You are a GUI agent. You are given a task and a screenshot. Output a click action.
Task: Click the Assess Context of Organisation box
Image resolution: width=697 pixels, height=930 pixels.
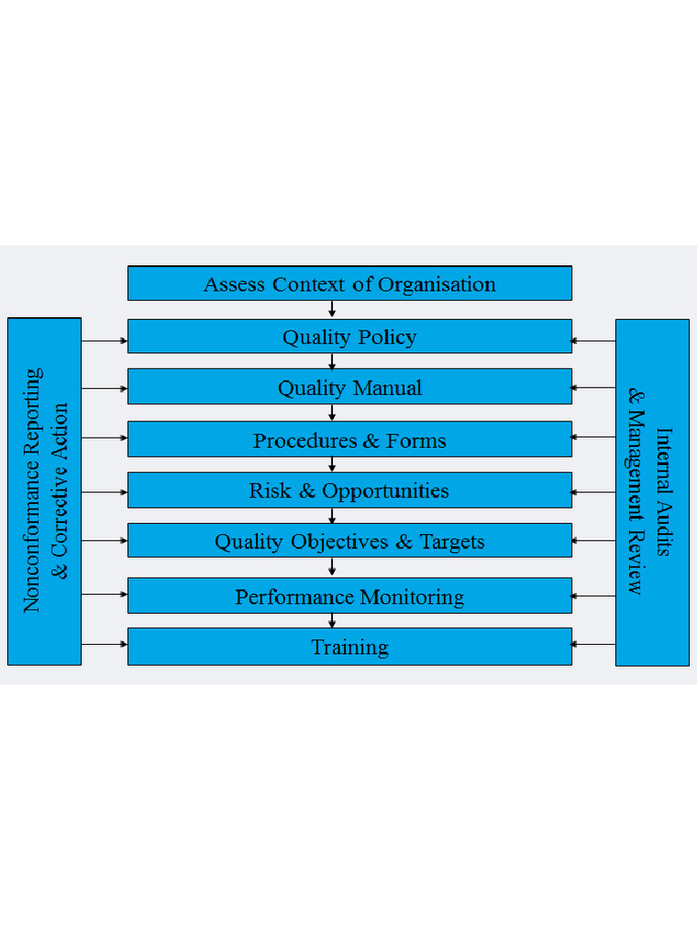tap(349, 283)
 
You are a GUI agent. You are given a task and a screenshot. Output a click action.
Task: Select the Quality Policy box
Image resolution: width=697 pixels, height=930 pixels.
tap(349, 336)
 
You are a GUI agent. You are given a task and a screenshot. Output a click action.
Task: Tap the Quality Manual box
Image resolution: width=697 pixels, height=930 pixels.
tap(349, 387)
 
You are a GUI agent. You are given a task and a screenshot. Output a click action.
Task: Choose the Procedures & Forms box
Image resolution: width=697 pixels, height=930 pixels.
tap(349, 440)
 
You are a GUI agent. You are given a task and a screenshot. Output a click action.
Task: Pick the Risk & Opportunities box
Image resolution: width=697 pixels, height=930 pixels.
tap(349, 490)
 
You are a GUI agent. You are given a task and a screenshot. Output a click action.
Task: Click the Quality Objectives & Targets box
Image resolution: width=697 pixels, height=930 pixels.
tap(349, 541)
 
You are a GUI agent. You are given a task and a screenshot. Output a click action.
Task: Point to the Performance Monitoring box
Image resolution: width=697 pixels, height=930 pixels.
tap(349, 596)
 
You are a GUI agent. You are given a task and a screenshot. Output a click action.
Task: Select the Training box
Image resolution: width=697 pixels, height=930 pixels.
tap(349, 647)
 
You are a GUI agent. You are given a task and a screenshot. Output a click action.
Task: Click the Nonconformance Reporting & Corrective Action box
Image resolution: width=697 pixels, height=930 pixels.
tap(44, 490)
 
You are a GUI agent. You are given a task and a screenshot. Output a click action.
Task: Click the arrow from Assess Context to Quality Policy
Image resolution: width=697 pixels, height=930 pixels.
tap(333, 309)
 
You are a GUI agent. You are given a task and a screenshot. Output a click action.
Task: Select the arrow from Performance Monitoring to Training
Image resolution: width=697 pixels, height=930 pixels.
tap(333, 620)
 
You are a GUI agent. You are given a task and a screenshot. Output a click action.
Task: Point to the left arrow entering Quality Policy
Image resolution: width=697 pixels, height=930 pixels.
tap(104, 341)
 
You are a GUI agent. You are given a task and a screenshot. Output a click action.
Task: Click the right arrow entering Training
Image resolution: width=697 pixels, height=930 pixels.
tap(594, 645)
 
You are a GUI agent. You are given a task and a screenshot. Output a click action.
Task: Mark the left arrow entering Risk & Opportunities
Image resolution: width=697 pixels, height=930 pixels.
tap(104, 492)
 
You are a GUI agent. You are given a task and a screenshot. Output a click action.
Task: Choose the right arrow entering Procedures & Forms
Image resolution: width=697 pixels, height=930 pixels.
tap(594, 437)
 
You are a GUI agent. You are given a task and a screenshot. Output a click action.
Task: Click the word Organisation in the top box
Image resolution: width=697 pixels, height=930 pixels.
tap(437, 284)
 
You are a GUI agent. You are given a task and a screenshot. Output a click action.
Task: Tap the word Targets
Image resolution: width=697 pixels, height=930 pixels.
tap(452, 542)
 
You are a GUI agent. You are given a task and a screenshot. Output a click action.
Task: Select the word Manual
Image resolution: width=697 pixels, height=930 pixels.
tap(387, 388)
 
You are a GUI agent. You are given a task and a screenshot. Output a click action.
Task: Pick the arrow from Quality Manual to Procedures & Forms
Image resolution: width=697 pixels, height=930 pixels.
tap(333, 412)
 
